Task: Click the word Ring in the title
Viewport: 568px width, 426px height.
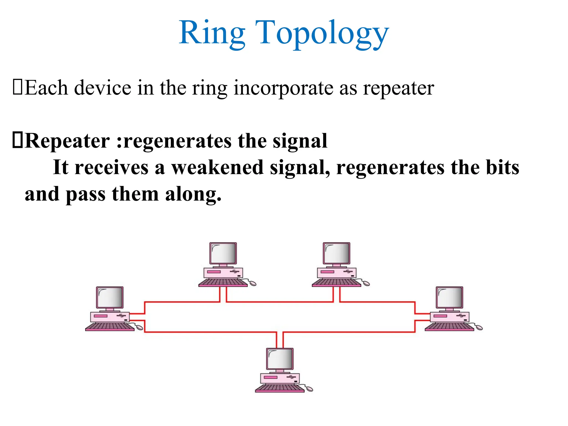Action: tap(212, 33)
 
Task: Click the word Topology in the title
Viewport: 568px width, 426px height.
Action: tap(322, 33)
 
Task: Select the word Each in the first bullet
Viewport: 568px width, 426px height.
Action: tap(46, 88)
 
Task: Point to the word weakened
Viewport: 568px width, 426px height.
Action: tap(217, 168)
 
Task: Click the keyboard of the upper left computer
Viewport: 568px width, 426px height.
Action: tap(223, 283)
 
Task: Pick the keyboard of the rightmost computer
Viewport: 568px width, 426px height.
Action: tap(449, 327)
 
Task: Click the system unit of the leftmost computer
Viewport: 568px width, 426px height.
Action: tap(110, 317)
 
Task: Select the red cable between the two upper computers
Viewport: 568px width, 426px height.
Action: tap(280, 302)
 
